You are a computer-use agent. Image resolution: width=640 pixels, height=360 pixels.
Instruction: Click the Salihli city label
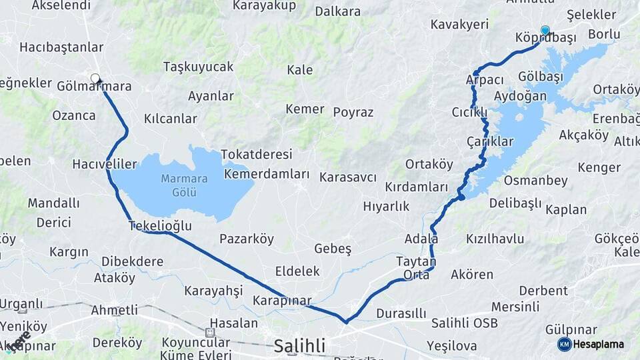click(x=300, y=345)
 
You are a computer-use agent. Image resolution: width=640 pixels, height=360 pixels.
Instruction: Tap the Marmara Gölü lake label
click(x=185, y=185)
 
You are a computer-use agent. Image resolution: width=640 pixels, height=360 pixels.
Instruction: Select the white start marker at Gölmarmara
click(x=95, y=78)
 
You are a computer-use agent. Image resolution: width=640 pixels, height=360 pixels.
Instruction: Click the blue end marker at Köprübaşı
click(x=545, y=30)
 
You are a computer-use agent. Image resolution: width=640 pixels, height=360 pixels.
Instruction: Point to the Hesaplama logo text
click(x=598, y=344)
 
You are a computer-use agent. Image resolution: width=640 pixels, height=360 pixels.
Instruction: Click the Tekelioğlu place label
click(x=160, y=226)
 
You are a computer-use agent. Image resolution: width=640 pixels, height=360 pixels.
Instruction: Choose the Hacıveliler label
click(x=105, y=163)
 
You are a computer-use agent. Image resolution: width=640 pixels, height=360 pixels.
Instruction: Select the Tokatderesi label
click(x=257, y=154)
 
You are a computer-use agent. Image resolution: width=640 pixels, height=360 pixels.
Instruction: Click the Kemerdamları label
click(x=267, y=174)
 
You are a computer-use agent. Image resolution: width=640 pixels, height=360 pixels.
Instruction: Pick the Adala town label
click(x=421, y=238)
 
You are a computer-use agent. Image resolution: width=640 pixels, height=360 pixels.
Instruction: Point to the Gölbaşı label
click(x=540, y=77)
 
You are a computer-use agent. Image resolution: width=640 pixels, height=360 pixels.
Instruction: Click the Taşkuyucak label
click(x=198, y=67)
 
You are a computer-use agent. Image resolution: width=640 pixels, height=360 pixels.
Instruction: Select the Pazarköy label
click(x=247, y=239)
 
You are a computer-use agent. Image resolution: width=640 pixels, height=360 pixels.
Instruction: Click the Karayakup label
click(x=263, y=5)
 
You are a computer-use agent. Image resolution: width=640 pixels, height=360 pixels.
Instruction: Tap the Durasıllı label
click(x=401, y=313)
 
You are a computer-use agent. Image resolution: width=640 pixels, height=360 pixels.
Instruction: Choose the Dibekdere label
click(x=132, y=261)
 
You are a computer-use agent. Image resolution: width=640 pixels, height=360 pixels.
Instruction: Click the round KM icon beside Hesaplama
click(x=565, y=344)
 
